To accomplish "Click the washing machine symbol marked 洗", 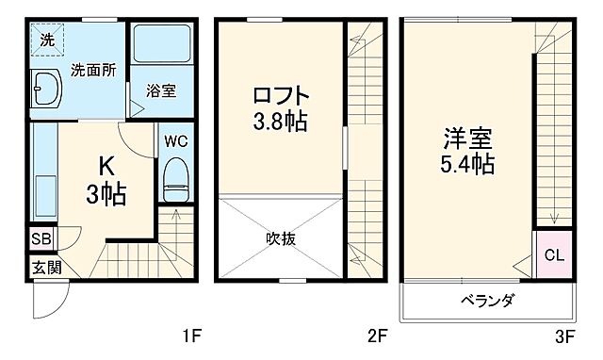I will [45, 41].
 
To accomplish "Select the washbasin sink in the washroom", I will [44, 92].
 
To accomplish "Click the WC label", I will [175, 141].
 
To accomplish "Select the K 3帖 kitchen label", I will [107, 181].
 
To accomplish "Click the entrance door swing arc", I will [47, 300].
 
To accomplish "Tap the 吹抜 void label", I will [281, 238].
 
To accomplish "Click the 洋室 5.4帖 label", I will [468, 151].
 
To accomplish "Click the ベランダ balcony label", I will [487, 302].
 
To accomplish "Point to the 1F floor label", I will [191, 335].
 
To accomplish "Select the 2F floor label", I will [377, 335].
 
